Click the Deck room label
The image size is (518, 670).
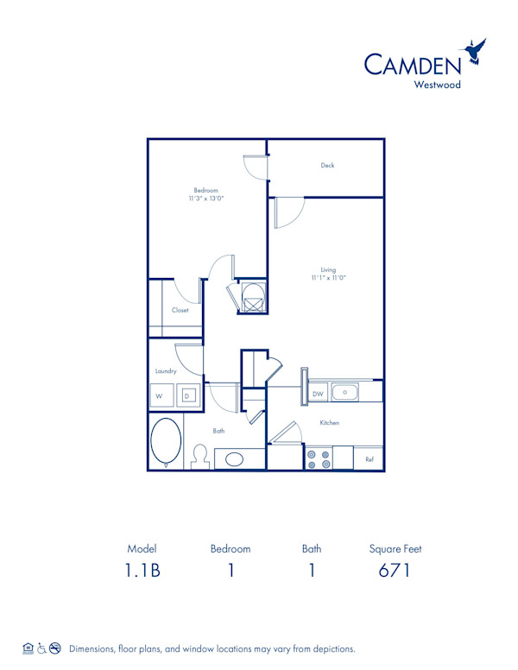(x=327, y=166)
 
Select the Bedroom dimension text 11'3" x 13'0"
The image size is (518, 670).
(x=205, y=199)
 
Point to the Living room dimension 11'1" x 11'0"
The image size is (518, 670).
(x=328, y=278)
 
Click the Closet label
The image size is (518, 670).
(x=180, y=310)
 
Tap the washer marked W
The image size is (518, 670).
(x=160, y=396)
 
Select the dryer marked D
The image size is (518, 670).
(x=188, y=396)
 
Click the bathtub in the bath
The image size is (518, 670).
(x=165, y=442)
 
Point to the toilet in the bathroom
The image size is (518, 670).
(x=199, y=457)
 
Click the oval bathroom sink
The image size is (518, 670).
(x=235, y=458)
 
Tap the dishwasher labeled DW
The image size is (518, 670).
(x=317, y=394)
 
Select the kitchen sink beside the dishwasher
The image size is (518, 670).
(x=345, y=393)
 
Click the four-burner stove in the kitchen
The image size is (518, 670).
(x=318, y=458)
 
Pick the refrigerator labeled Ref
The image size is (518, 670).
(x=370, y=458)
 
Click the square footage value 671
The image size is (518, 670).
(x=394, y=571)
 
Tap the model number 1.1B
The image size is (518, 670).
(x=142, y=571)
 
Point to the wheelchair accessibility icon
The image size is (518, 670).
(x=41, y=648)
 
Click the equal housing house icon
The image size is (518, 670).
(x=28, y=648)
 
